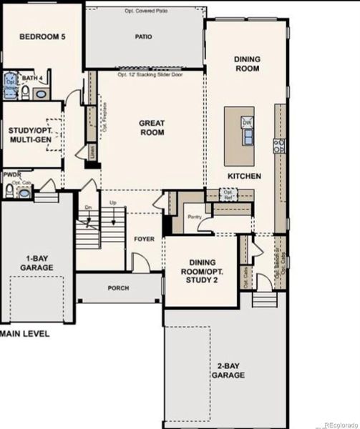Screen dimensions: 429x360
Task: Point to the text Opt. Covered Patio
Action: click(145, 11)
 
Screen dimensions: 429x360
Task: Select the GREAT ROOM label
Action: click(152, 127)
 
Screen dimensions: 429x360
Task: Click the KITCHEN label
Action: click(244, 176)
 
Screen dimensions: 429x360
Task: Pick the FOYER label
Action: click(145, 239)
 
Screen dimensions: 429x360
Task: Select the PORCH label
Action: click(118, 290)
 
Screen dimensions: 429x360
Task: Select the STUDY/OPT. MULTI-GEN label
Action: click(30, 136)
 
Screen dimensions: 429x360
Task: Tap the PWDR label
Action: click(11, 174)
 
